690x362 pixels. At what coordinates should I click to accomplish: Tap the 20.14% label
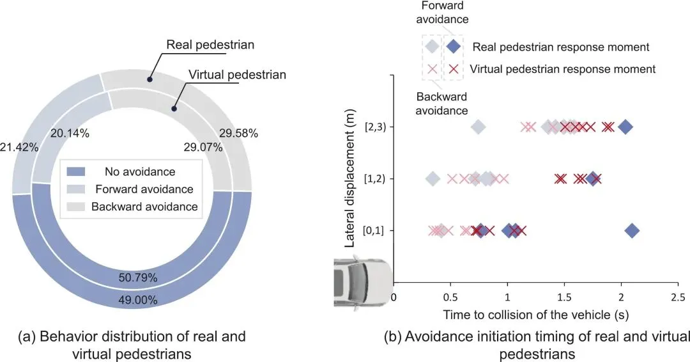click(70, 134)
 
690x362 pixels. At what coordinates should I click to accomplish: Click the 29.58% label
click(238, 134)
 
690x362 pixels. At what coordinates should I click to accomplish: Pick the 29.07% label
click(202, 147)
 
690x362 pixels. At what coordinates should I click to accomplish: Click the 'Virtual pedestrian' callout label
click(237, 75)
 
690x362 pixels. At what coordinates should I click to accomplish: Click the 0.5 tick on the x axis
click(450, 297)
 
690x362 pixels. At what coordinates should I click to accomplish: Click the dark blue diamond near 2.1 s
click(632, 231)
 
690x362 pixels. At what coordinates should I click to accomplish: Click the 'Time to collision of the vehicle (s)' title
click(535, 315)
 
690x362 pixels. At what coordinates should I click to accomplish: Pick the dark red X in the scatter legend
click(454, 68)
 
